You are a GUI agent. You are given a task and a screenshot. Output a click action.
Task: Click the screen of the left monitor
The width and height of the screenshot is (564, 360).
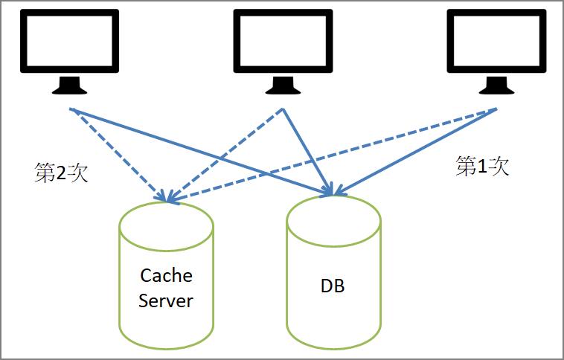click(71, 42)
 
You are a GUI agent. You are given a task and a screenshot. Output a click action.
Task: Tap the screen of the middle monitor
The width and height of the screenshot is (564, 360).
click(282, 42)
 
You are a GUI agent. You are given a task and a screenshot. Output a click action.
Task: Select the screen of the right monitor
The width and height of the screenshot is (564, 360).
click(493, 42)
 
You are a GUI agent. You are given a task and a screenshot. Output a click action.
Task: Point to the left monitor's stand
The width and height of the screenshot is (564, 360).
click(71, 86)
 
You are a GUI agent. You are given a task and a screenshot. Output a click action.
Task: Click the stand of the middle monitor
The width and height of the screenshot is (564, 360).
click(282, 86)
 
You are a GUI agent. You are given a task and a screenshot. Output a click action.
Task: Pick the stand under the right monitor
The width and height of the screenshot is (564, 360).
click(493, 86)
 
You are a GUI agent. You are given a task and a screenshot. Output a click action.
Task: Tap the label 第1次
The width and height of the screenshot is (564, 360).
click(482, 166)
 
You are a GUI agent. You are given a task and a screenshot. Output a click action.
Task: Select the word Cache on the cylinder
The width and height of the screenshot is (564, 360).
click(166, 276)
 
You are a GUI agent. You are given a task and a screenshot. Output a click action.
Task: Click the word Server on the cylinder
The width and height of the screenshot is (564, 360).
click(166, 300)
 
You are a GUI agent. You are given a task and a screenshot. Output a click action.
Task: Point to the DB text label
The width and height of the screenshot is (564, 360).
click(333, 286)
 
